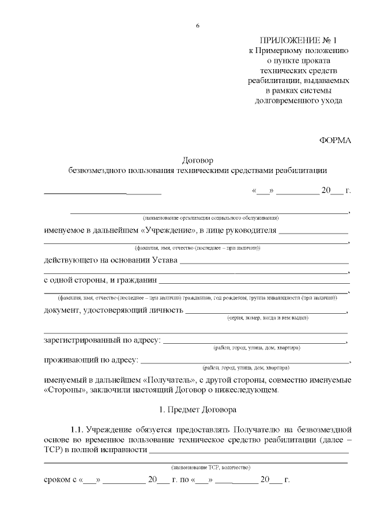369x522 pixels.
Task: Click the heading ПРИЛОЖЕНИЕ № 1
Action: [x=297, y=40]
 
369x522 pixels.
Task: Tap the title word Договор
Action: [x=197, y=160]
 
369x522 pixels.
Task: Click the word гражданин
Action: [x=133, y=281]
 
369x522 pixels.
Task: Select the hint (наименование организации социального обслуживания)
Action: [x=211, y=219]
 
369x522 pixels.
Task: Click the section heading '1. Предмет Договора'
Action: [x=197, y=411]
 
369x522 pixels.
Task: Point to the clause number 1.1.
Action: [x=77, y=430]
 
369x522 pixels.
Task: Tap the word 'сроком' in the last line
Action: [x=57, y=480]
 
